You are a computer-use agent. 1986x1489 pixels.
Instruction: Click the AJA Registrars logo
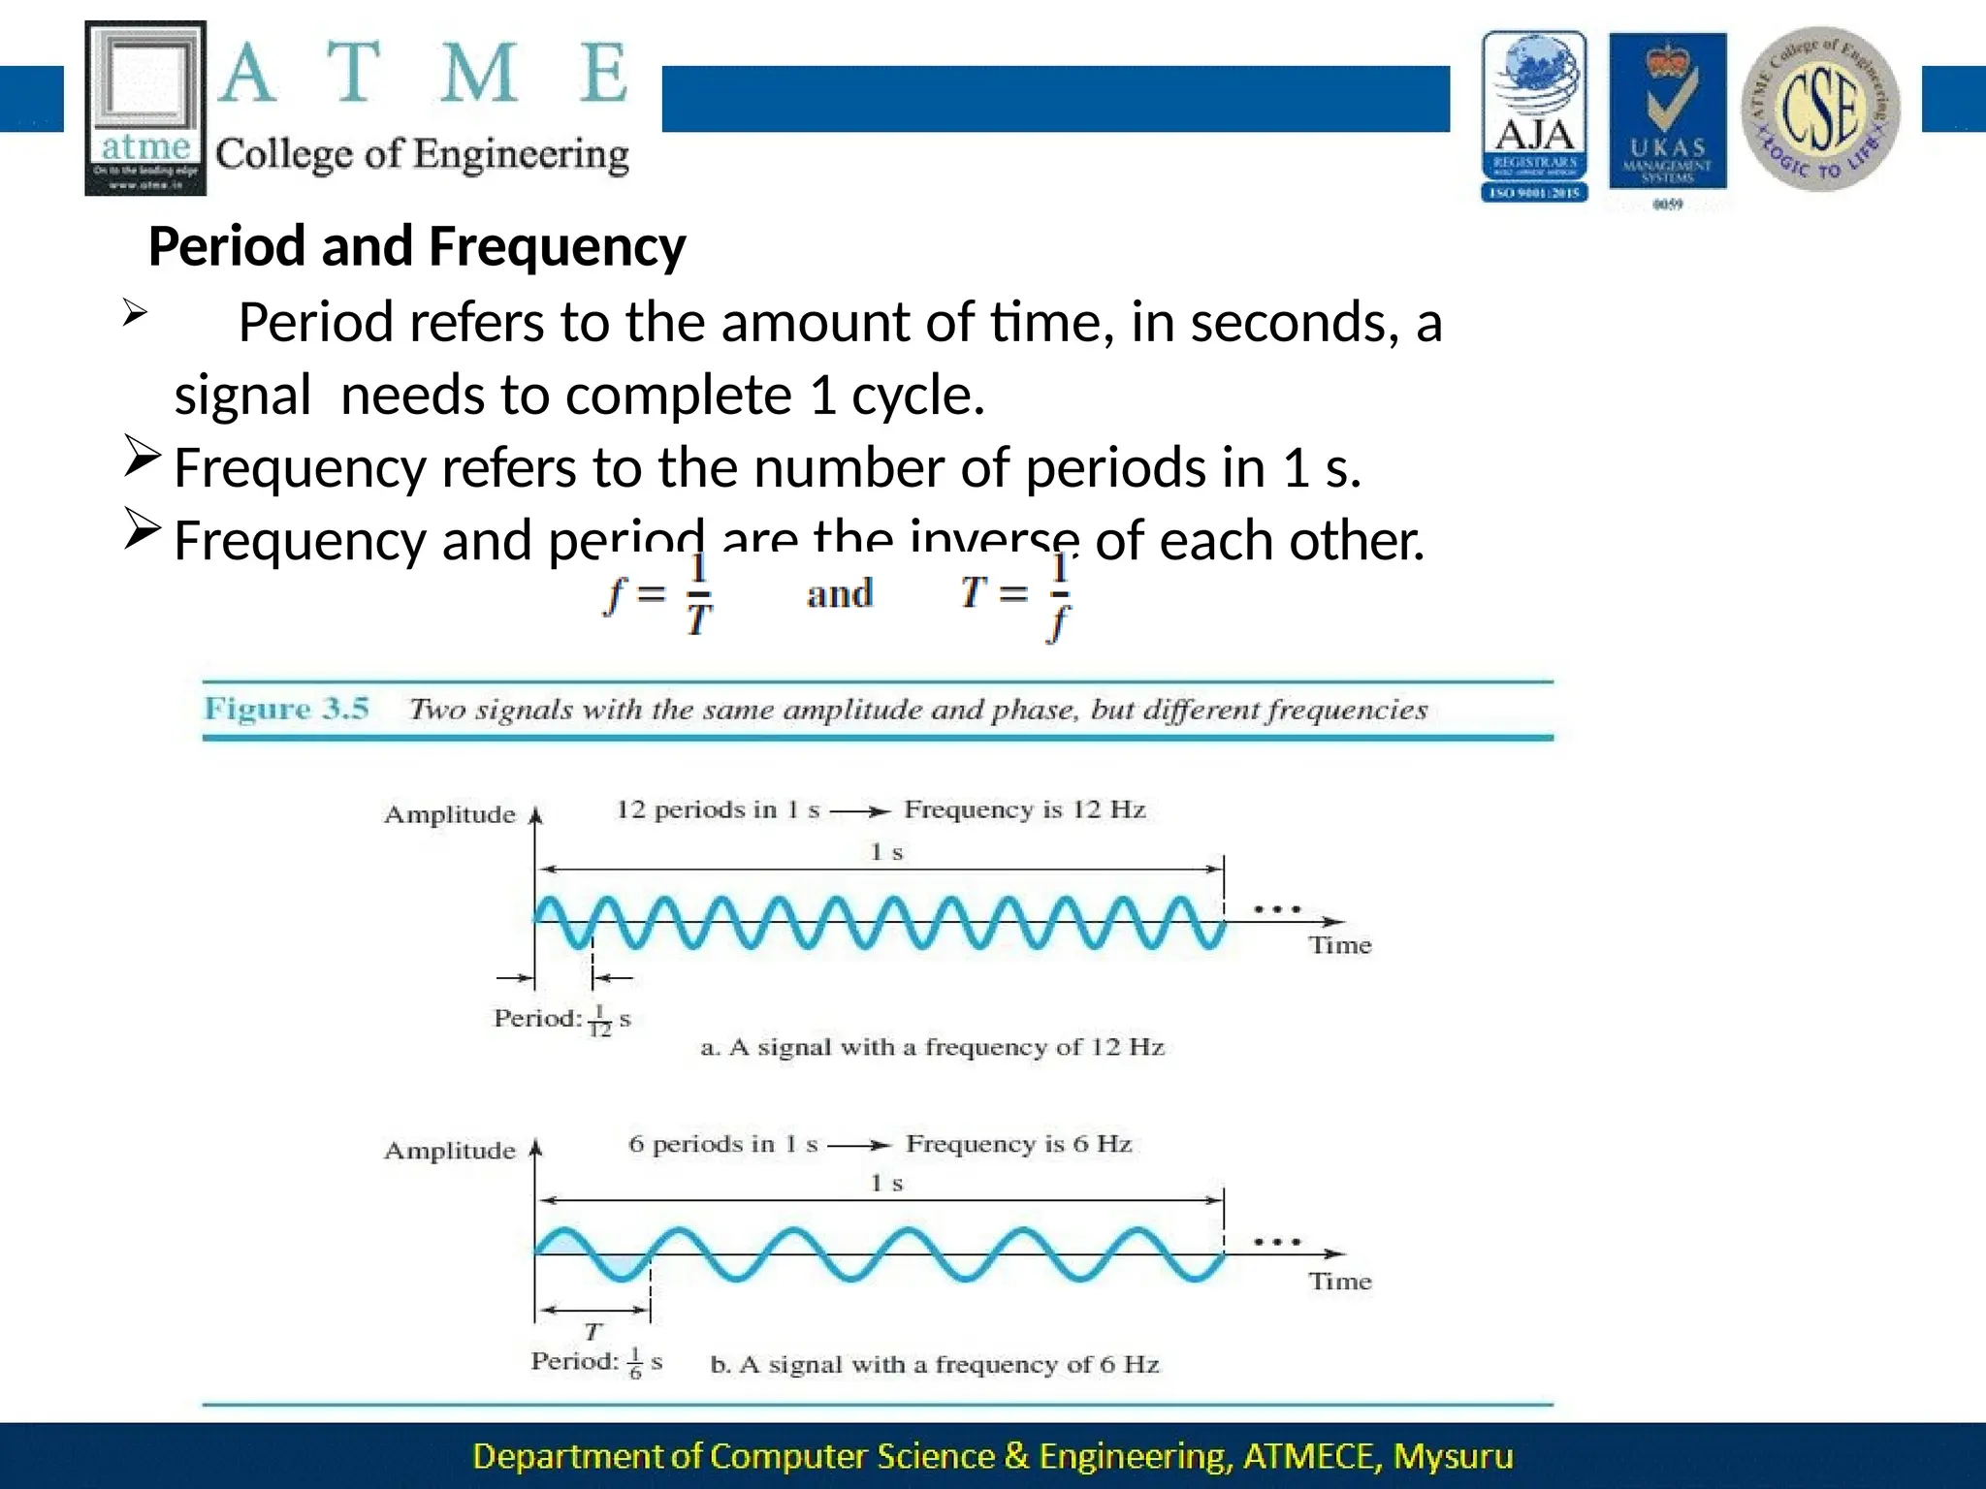(x=1534, y=116)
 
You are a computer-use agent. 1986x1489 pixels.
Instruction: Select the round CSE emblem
(x=1820, y=109)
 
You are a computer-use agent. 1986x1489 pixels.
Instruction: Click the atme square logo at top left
(x=145, y=107)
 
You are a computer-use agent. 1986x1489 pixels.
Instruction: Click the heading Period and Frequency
(x=417, y=246)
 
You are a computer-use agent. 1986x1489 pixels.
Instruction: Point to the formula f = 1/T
(x=658, y=593)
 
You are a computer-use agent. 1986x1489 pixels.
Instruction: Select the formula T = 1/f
(x=1016, y=593)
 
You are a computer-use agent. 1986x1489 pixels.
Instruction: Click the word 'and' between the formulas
(x=839, y=593)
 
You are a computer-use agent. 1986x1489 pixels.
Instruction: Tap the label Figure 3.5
(x=286, y=709)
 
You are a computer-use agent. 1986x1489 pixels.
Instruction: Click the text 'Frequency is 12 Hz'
(x=1025, y=809)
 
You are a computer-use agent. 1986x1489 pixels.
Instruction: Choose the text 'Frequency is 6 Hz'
(x=1018, y=1144)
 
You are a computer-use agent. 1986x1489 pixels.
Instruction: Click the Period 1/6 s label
(x=596, y=1361)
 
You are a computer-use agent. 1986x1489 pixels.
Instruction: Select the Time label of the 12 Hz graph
(x=1340, y=945)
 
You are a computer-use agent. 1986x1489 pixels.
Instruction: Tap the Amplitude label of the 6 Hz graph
(x=449, y=1151)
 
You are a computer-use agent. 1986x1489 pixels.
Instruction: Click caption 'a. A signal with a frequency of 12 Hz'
(x=932, y=1047)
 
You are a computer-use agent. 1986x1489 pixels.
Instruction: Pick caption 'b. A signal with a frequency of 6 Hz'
(x=935, y=1365)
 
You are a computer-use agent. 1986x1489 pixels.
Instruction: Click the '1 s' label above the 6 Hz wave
(x=886, y=1183)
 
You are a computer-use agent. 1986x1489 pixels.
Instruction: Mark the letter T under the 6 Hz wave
(x=593, y=1332)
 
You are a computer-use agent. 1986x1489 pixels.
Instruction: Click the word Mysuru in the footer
(x=1453, y=1456)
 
